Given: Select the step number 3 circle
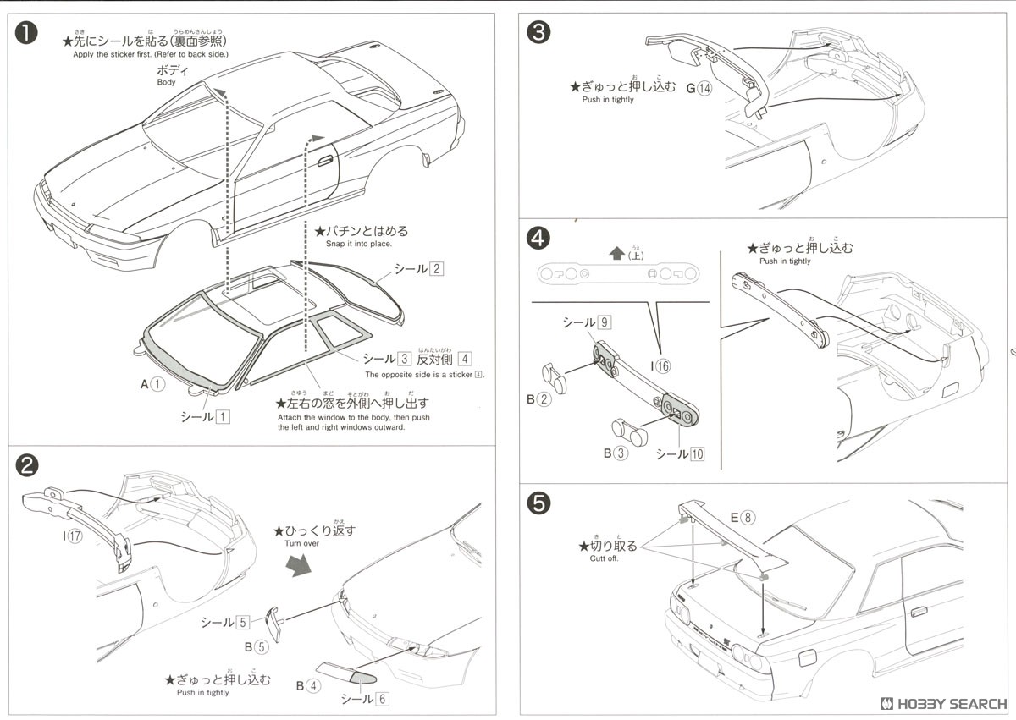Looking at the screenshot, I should [538, 33].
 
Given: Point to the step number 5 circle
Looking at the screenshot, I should [538, 503].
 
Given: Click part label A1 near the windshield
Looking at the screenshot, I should [152, 383].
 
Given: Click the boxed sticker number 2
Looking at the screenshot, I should [436, 269].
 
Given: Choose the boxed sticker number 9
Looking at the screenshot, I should [604, 322].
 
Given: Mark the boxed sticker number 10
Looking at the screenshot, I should [697, 453].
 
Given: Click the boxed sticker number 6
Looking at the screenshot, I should [383, 699].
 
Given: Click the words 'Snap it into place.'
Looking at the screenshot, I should [358, 244].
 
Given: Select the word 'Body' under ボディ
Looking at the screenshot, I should [167, 82].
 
